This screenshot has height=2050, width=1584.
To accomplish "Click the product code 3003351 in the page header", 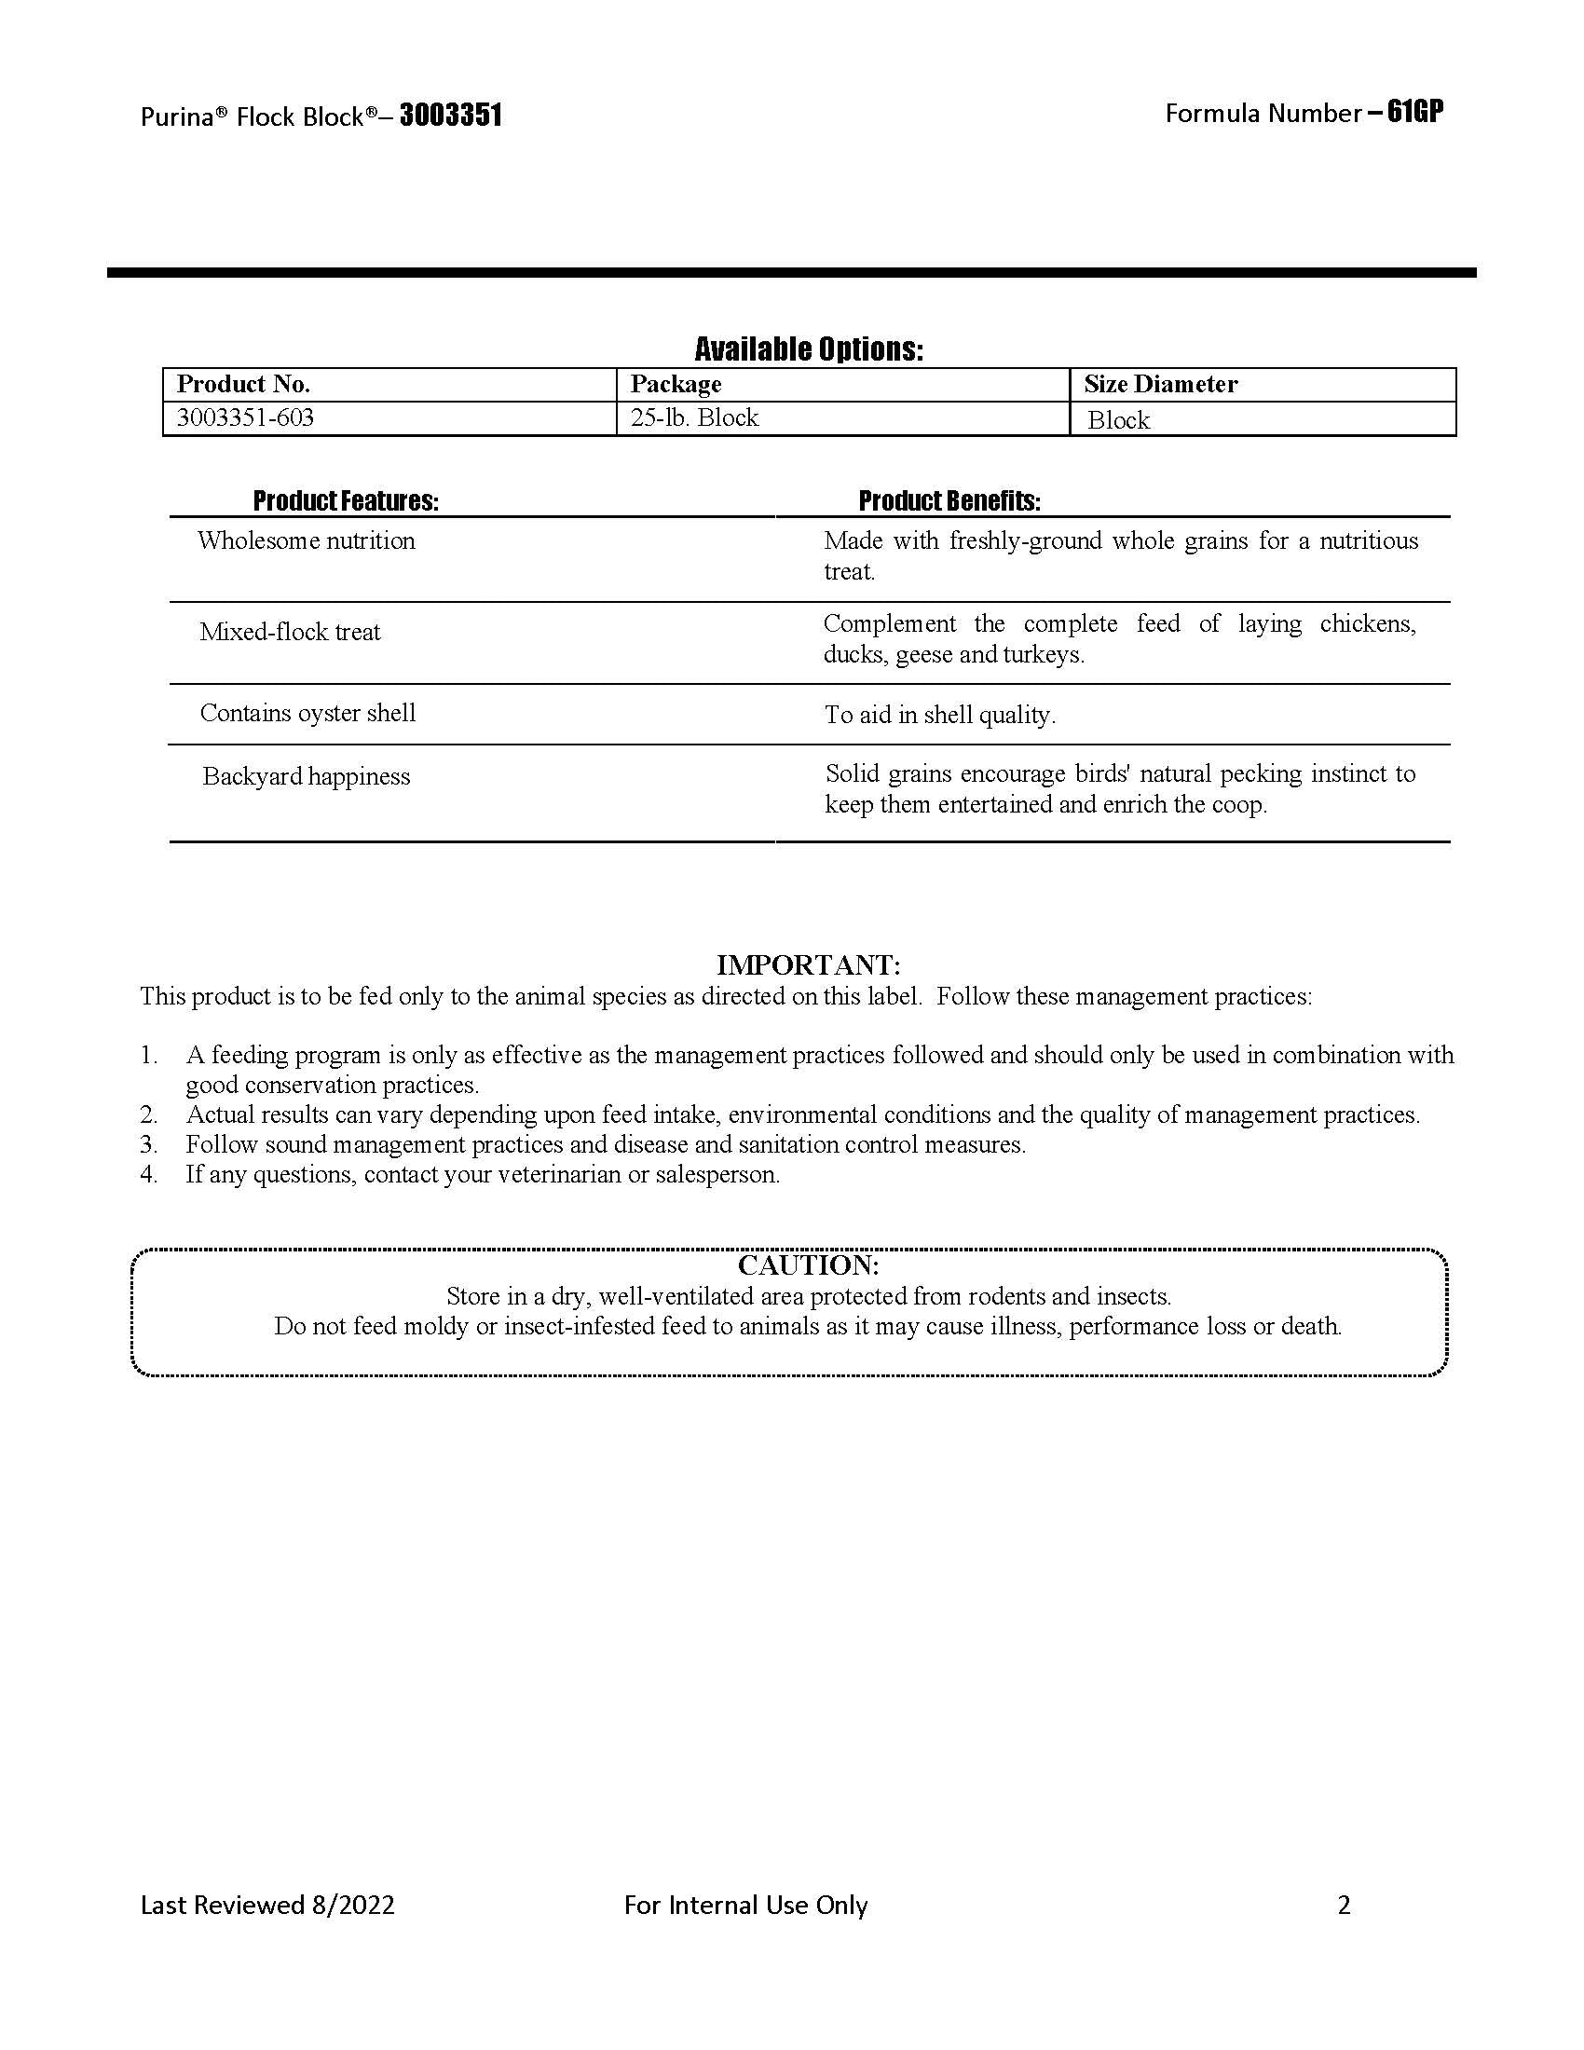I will (x=451, y=116).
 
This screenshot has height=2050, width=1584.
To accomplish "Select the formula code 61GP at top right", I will (x=1415, y=112).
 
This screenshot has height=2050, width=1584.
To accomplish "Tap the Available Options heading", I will (x=809, y=349).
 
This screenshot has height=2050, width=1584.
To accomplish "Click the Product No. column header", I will (x=244, y=384).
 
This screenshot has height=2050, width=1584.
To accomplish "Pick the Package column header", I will (x=676, y=384).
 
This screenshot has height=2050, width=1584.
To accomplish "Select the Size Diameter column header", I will (x=1161, y=384).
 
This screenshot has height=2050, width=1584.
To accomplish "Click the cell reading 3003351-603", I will (x=246, y=417).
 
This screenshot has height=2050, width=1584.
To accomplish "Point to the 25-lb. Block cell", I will (x=694, y=417).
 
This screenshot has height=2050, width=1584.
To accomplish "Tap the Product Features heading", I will (x=346, y=501).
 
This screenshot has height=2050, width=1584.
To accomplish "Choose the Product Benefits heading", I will (x=949, y=501).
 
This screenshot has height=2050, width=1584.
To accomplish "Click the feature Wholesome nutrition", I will (x=306, y=540).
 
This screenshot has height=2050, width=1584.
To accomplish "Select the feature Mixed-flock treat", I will (x=290, y=632).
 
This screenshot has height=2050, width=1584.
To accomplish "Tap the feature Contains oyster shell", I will (x=307, y=714).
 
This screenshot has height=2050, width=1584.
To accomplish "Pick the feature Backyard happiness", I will (x=306, y=776).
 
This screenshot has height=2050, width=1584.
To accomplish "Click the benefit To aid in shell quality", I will (x=940, y=716).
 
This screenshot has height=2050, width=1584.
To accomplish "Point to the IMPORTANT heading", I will (x=809, y=965).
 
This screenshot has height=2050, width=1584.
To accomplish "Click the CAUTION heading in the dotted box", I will (x=809, y=1265).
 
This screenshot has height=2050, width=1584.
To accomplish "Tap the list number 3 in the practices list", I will (x=148, y=1145).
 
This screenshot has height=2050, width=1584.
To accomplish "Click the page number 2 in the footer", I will (x=1344, y=1905).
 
